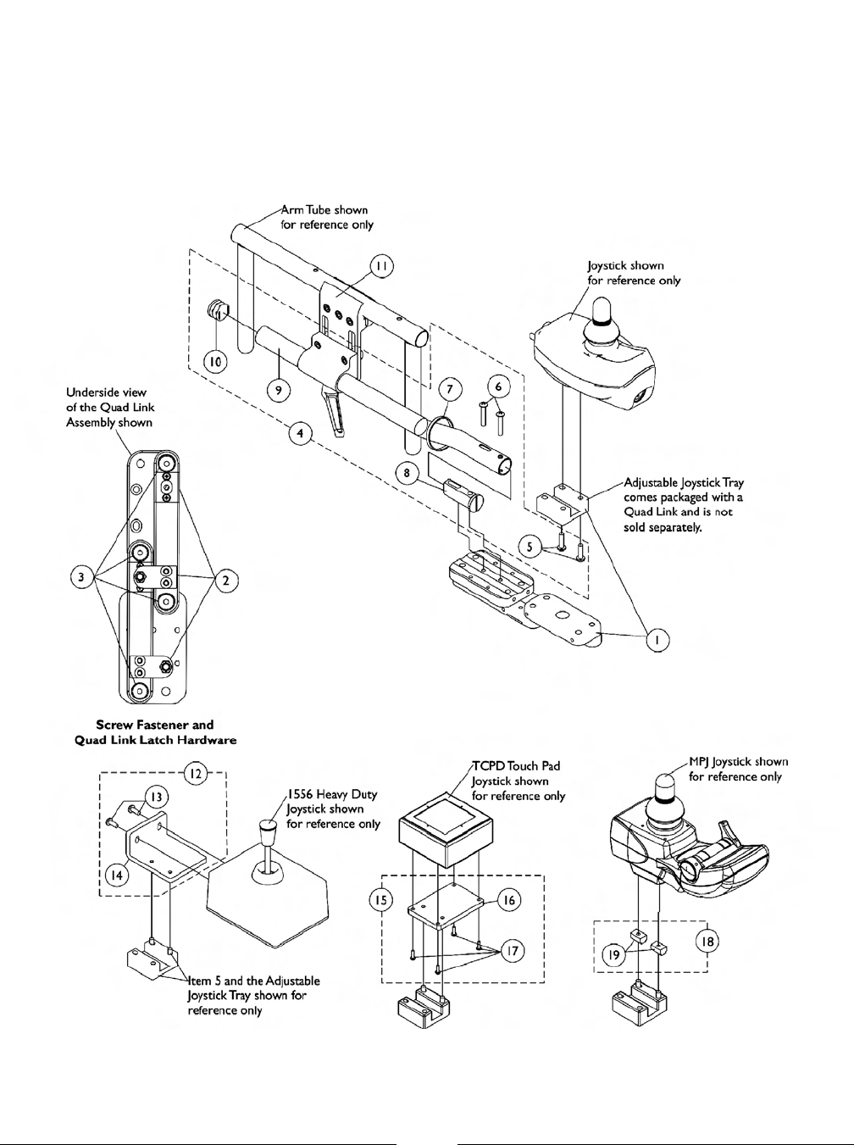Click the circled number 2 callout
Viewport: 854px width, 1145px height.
[x=226, y=581]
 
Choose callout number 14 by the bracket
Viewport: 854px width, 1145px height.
[x=118, y=874]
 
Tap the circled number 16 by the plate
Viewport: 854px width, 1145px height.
[x=508, y=900]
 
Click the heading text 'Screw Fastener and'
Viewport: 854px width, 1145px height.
[x=155, y=725]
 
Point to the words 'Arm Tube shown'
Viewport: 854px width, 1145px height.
[x=325, y=209]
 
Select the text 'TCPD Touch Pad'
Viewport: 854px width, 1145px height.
[x=517, y=766]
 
